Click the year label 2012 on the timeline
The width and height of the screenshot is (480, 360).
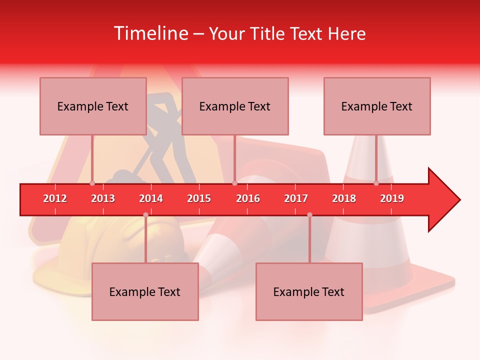[55, 198]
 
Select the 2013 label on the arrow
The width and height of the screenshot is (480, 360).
[103, 198]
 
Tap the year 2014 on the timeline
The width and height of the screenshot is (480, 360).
[151, 198]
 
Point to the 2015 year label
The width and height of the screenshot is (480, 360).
[199, 198]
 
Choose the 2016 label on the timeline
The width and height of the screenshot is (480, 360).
[248, 198]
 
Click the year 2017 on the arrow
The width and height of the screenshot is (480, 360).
[296, 198]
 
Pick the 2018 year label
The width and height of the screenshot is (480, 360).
[344, 198]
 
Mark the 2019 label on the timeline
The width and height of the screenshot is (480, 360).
[392, 198]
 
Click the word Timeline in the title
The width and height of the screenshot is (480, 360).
[150, 33]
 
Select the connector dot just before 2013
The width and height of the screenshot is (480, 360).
[92, 183]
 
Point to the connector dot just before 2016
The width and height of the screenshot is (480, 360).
[234, 183]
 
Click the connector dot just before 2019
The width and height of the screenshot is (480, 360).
[376, 183]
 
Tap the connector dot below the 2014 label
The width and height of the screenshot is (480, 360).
[145, 215]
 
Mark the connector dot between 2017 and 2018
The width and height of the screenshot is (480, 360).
[309, 215]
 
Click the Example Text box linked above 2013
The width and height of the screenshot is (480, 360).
[93, 106]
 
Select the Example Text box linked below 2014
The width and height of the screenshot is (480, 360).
[145, 291]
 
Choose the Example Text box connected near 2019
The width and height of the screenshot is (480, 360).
[377, 106]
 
